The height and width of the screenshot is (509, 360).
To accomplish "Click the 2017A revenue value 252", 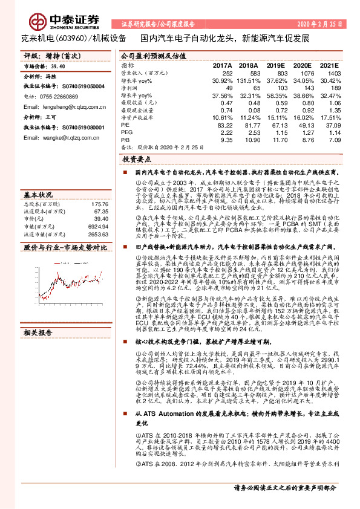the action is click(x=227, y=73).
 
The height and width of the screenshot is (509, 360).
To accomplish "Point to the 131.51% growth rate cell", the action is click(x=252, y=80).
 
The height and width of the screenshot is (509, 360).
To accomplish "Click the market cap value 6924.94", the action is click(x=97, y=225).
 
